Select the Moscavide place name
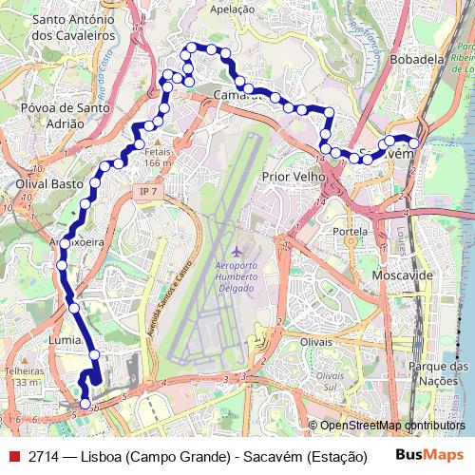click(403, 275)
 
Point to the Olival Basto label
click(45, 182)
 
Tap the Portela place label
click(350, 231)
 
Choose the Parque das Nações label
click(438, 373)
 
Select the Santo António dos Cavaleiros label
click(73, 26)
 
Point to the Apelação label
click(233, 9)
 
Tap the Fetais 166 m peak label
click(157, 158)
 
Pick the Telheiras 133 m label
click(23, 376)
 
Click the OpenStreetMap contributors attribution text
click(392, 426)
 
